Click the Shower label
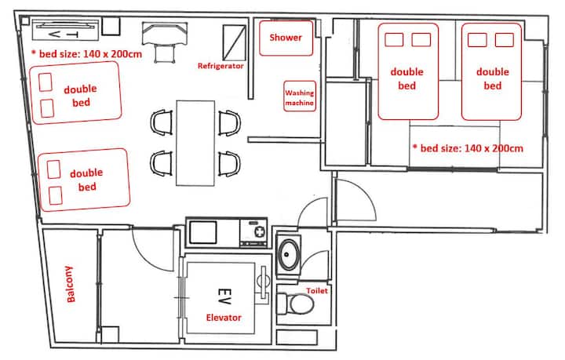click(286, 38)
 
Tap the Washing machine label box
click(300, 96)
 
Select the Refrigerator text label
click(221, 66)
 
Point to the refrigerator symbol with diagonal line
click(234, 42)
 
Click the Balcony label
click(70, 284)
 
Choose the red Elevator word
click(224, 318)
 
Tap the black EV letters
click(224, 296)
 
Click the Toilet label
click(317, 290)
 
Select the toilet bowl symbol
click(296, 304)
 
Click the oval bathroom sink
click(288, 255)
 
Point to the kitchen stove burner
click(260, 231)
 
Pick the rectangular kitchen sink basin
click(203, 233)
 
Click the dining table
click(195, 143)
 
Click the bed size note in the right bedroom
click(468, 148)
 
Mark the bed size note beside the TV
click(86, 54)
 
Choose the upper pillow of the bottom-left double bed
click(53, 169)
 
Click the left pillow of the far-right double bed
click(477, 40)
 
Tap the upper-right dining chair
click(229, 123)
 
